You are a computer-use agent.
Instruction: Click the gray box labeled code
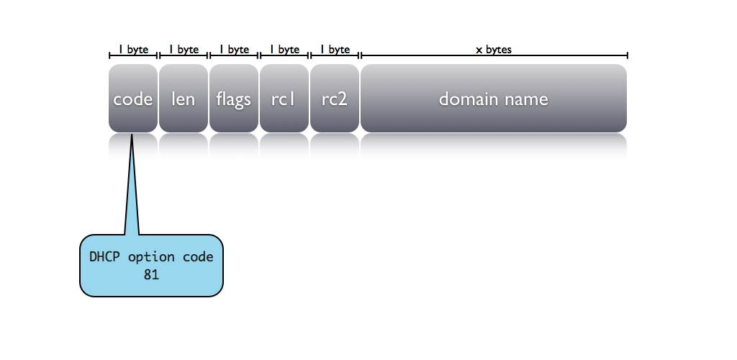coord(133,99)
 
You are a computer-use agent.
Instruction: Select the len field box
coord(183,99)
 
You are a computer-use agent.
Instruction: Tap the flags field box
coord(234,99)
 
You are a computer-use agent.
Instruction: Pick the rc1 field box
coord(284,99)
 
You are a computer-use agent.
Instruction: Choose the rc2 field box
coord(334,99)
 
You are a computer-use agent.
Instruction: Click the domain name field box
coord(494,99)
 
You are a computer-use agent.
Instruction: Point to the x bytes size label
coord(494,50)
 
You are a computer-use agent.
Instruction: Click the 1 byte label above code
coord(134,50)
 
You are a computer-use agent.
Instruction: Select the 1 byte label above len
coord(184,50)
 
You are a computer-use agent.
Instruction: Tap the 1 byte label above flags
coord(235,50)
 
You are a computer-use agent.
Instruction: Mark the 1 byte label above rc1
coord(285,50)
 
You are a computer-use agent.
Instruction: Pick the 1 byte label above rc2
coord(335,50)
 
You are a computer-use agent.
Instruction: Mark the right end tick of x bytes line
coord(628,55)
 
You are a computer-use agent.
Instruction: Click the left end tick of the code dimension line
coord(109,55)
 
